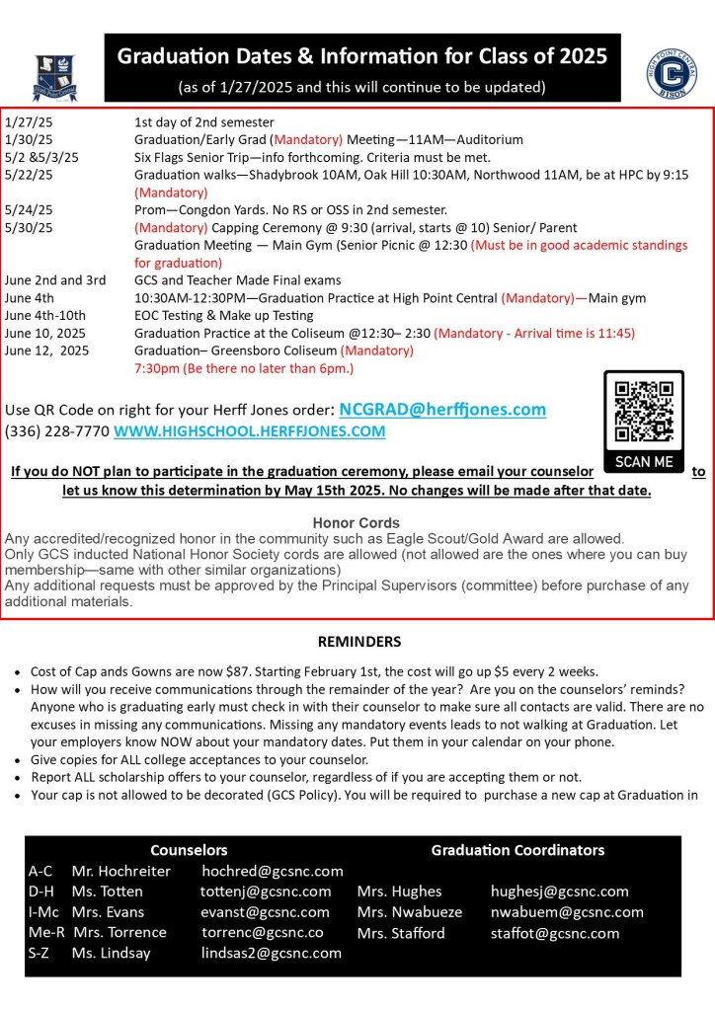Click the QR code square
coord(643,411)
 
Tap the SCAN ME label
coord(643,462)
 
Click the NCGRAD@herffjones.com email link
coord(442,409)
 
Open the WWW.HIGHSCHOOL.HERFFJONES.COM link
coord(250,431)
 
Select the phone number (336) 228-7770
coord(57,431)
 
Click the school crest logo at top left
coord(54,77)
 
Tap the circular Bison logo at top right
coord(673,73)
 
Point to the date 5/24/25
coord(29,209)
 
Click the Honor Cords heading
coord(357,522)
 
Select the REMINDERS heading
coord(358,642)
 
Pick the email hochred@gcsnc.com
coord(273,871)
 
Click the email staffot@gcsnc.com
coord(555,933)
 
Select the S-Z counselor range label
coord(41,954)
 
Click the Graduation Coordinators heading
coord(517,849)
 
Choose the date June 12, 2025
coord(46,350)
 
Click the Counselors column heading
coord(189,849)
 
